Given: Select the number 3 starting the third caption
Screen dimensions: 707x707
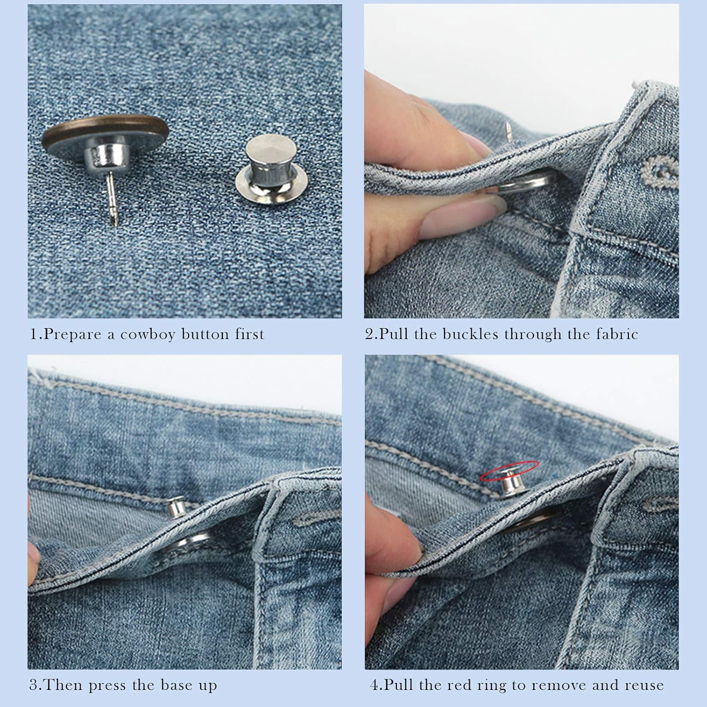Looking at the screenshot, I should click(33, 685).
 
